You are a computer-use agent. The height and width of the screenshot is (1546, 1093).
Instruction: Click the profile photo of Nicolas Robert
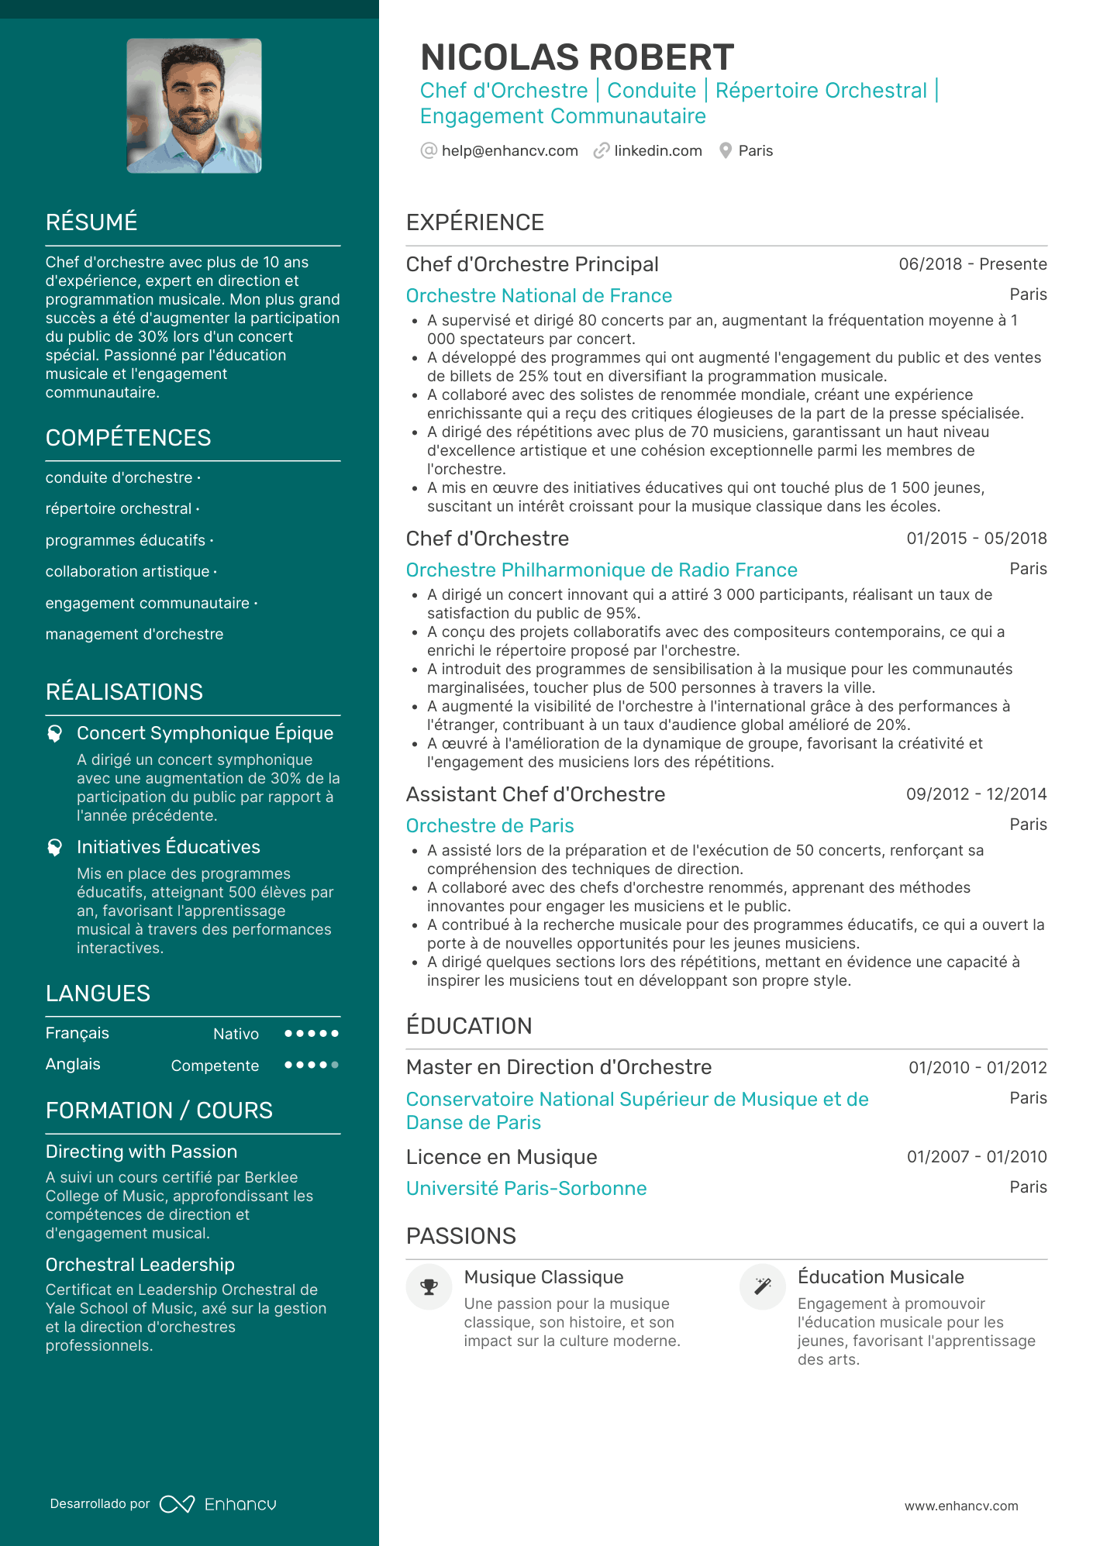point(194,105)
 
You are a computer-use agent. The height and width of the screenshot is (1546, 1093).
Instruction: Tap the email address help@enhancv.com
point(509,150)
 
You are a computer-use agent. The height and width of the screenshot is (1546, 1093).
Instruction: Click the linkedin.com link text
point(657,150)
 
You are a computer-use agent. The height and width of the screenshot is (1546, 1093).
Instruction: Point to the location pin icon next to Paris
point(726,150)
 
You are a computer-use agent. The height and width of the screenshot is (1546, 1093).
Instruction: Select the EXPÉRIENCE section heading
point(474,222)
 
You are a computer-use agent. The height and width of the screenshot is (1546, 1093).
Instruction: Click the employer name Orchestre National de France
point(539,295)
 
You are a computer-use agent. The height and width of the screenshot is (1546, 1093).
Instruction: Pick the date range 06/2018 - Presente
point(972,264)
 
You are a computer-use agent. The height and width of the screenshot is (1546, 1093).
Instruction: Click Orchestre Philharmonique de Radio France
point(602,570)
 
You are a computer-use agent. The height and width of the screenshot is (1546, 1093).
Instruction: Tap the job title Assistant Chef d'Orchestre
point(535,794)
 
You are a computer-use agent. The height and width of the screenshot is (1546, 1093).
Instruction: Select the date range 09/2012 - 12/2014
point(976,794)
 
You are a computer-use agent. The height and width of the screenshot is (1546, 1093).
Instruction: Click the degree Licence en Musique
point(501,1157)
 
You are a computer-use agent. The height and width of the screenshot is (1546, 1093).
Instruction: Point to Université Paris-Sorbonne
point(526,1188)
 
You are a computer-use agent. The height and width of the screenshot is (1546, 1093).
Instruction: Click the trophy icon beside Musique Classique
point(429,1287)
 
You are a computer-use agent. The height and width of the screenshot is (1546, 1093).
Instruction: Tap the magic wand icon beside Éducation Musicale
point(763,1287)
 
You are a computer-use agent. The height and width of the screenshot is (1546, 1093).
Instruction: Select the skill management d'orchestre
point(134,634)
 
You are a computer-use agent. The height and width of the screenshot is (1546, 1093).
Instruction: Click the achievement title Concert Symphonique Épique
point(205,733)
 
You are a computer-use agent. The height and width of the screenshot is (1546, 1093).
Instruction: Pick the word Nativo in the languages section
point(236,1034)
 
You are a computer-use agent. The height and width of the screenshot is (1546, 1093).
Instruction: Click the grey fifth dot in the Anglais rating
point(335,1065)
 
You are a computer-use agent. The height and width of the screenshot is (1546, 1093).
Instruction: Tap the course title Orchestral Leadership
point(140,1265)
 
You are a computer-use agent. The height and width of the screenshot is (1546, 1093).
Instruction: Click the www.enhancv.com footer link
point(961,1506)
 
